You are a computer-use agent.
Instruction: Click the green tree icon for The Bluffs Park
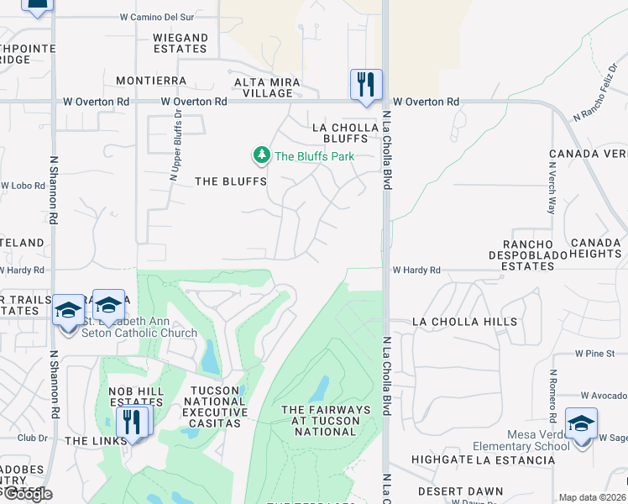262,155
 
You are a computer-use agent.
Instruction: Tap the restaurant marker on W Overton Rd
366,85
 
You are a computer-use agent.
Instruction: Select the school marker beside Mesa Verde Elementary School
581,424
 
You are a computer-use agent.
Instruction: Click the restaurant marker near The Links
132,421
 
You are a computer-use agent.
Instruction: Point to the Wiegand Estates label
181,43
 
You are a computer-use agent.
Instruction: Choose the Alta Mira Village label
263,87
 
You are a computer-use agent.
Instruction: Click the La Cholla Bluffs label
340,133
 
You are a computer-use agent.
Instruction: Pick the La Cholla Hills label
464,322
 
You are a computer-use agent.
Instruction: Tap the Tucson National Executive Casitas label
218,401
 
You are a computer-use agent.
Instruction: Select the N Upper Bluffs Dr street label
176,147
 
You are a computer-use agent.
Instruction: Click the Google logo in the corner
27,494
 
